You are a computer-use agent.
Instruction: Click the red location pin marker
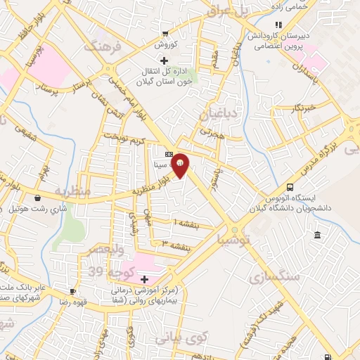181,165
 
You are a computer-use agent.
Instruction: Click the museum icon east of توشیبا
319,234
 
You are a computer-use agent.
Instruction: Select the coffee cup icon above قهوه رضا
72,291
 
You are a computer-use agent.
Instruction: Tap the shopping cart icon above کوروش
165,33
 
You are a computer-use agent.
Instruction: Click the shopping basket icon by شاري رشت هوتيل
37,198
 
